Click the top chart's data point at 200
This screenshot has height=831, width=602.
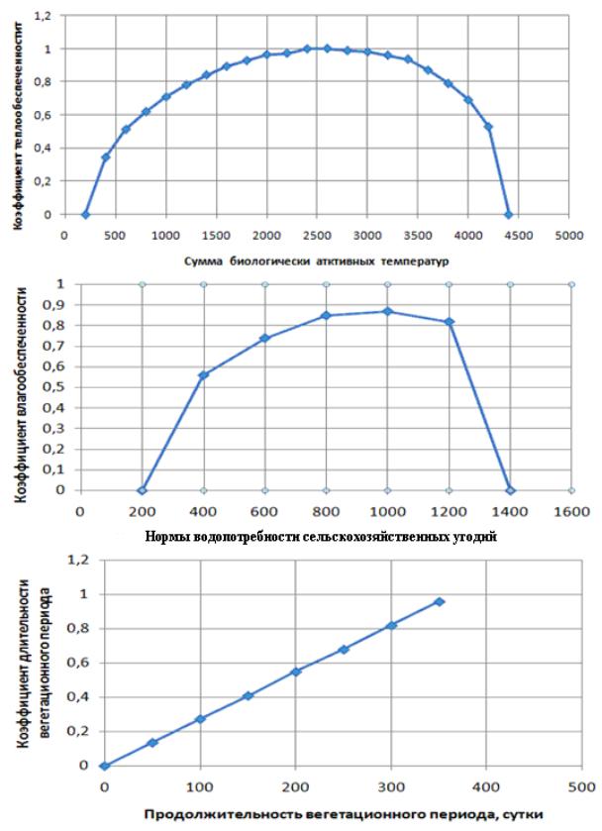[85, 214]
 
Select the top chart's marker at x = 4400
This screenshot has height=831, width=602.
[509, 214]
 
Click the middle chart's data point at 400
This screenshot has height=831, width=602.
[203, 374]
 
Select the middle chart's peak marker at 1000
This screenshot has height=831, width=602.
[388, 311]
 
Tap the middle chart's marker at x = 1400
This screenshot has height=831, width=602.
[511, 490]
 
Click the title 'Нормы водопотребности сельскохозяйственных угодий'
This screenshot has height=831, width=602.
[306, 537]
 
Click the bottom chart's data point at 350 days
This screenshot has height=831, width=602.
[440, 601]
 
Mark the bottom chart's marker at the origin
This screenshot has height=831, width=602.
[104, 766]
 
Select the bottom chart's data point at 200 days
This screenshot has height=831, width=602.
[295, 672]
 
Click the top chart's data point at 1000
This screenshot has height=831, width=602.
[166, 96]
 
